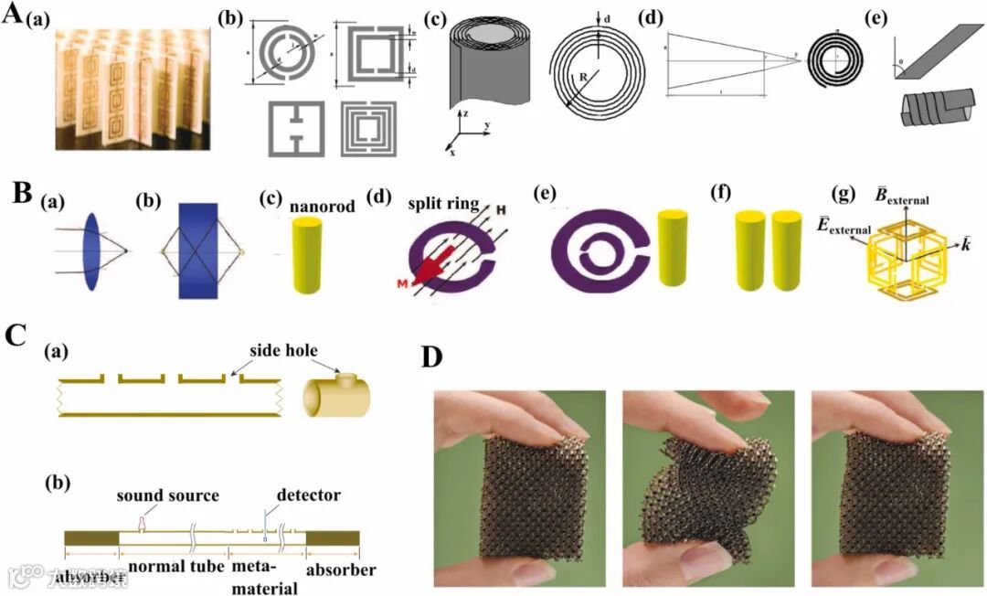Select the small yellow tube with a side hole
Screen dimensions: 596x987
(343, 395)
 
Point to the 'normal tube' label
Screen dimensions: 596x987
(175, 567)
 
